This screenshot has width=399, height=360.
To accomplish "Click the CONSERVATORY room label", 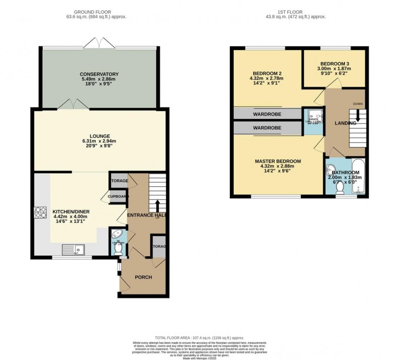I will tap(99, 74).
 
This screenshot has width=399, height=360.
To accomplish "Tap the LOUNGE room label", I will tap(100, 136).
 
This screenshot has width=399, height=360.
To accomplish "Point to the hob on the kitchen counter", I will tap(42, 213).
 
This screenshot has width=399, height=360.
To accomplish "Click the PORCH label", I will tap(143, 277).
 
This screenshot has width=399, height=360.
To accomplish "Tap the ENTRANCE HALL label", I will tap(146, 215).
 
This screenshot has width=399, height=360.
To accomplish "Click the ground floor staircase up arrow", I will tap(158, 205).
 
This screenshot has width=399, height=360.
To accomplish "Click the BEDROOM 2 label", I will tap(267, 72).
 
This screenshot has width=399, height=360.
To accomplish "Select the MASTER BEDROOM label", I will tap(278, 161).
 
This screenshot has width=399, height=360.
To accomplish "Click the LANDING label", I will tap(345, 123).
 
